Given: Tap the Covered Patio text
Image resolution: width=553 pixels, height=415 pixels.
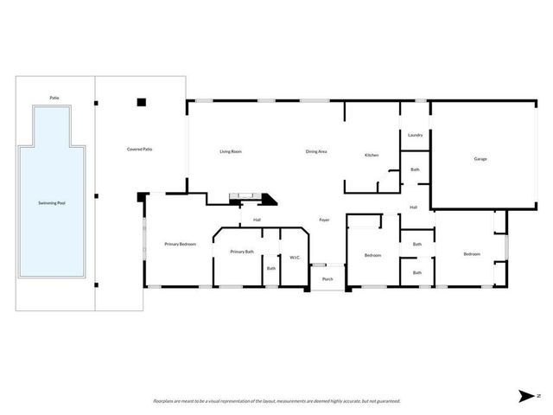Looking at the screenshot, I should click(140, 150).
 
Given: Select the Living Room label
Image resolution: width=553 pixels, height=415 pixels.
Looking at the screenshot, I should click(230, 151).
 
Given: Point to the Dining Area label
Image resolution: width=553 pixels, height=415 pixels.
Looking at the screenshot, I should click(316, 151).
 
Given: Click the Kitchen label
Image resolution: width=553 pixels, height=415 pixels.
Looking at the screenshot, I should click(372, 155).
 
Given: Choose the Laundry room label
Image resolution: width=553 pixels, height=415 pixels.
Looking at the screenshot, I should click(415, 135).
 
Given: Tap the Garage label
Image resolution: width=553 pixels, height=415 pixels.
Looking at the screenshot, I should click(480, 159).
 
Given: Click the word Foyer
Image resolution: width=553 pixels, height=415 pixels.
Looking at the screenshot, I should click(325, 220).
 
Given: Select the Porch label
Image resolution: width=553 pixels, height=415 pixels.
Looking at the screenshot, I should click(327, 279).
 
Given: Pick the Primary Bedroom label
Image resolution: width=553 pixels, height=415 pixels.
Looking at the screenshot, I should click(181, 245).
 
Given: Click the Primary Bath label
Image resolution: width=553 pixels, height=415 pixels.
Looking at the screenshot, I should click(242, 252).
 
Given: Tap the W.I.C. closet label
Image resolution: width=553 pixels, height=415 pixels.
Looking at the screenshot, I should click(294, 257).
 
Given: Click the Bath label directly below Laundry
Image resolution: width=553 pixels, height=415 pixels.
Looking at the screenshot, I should click(415, 169).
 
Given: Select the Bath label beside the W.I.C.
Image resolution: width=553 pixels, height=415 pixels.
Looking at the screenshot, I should click(271, 268).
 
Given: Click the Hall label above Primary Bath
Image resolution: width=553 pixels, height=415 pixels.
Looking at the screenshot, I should click(257, 220).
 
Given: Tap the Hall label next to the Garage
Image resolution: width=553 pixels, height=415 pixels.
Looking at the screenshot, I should click(414, 207).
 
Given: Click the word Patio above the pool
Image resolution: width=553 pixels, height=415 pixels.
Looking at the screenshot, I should click(54, 98).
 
